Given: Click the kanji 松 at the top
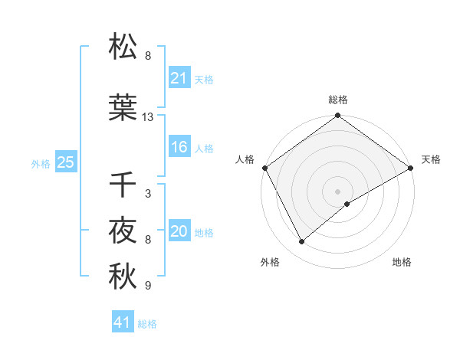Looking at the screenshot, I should (x=123, y=47).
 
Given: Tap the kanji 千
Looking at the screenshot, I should (x=123, y=185).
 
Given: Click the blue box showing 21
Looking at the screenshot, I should (x=179, y=78).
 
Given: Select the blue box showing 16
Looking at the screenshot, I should (x=179, y=148).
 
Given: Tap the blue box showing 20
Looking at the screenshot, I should (x=179, y=232).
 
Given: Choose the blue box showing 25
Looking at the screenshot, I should (x=65, y=162).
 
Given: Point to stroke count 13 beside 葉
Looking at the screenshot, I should (x=148, y=117).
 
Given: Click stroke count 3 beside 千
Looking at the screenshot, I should (x=148, y=194).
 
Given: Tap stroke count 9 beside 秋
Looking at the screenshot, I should (x=148, y=286).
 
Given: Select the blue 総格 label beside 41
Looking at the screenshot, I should (x=147, y=324).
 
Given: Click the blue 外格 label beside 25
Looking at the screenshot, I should (x=41, y=163).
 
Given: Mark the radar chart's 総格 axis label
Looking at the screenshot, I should (x=337, y=100).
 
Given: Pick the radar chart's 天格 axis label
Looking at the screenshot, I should (x=431, y=159).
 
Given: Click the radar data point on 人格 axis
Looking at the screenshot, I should (x=264, y=168).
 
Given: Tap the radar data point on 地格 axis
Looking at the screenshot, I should (x=347, y=204).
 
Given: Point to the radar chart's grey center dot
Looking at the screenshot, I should (x=337, y=191).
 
